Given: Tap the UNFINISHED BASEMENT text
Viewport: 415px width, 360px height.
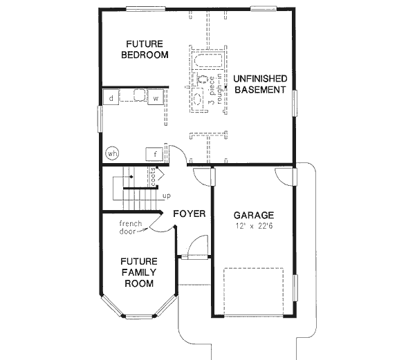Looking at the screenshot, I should click(259, 84).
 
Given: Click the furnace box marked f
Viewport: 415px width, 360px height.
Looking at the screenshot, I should click(156, 153).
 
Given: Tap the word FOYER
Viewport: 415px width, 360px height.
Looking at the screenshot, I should click(189, 214).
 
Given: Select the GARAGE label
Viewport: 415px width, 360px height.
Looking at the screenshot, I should click(253, 215).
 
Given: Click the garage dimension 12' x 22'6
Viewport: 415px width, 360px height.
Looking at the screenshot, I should click(253, 227).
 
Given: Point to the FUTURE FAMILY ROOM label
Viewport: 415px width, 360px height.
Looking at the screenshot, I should click(138, 272).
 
